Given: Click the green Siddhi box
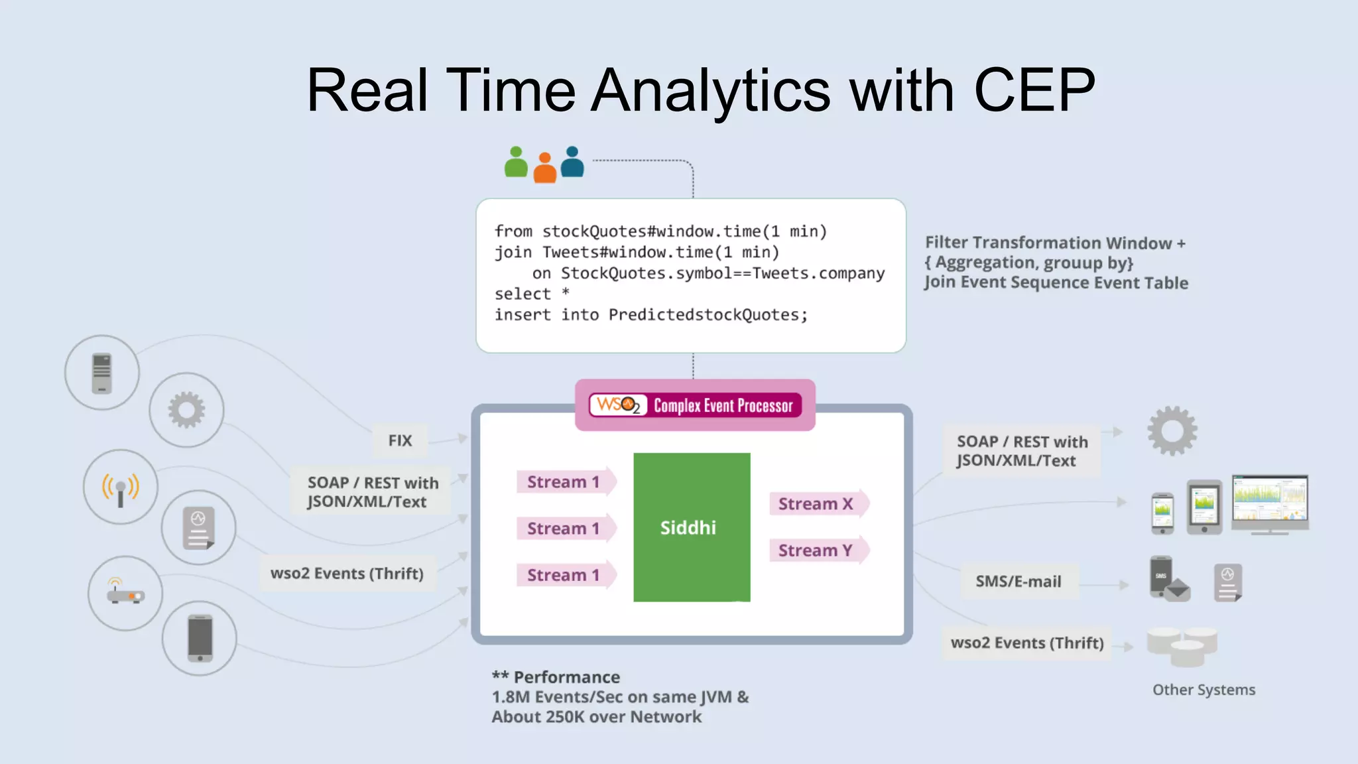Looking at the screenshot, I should [x=691, y=527].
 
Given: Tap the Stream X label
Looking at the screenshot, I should [x=816, y=504].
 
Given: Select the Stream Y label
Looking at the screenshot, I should [x=816, y=550].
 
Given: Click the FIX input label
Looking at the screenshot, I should [x=400, y=440].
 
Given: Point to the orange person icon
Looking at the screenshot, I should [x=544, y=168].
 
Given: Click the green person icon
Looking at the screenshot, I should [x=516, y=163].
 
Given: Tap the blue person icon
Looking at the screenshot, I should [x=572, y=162].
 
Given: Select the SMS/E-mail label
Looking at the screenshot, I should [x=1018, y=582].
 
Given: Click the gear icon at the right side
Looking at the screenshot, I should [x=1172, y=431].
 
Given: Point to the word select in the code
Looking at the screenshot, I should [x=523, y=294].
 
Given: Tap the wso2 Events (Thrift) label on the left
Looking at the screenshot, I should [x=347, y=574].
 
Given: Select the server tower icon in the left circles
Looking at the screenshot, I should [x=101, y=373].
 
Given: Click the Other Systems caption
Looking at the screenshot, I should [x=1204, y=690].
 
